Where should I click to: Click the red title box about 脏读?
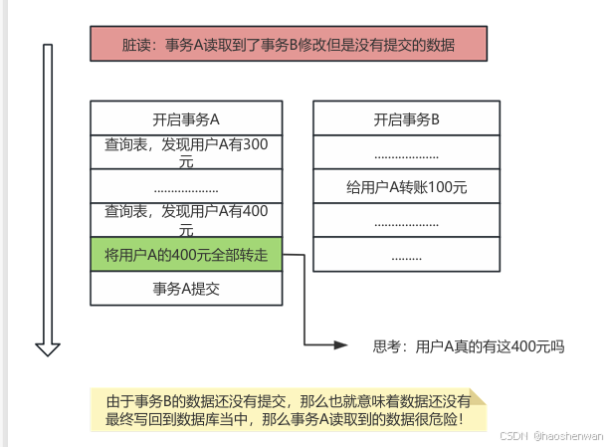point(289,45)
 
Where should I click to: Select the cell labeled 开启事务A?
point(186,118)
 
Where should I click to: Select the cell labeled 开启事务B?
point(407,118)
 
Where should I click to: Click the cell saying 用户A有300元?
point(186,152)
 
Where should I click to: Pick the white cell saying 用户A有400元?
point(186,219)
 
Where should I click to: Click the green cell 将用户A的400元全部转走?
point(186,254)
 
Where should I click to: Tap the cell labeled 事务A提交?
point(186,289)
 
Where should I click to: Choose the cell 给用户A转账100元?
point(407,186)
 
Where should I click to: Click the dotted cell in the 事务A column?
point(186,186)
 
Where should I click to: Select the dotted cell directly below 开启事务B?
point(407,152)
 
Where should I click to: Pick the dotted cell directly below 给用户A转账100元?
point(407,221)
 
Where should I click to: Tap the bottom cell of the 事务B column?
point(407,255)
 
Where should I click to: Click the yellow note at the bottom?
point(289,409)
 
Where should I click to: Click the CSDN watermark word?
point(511,436)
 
